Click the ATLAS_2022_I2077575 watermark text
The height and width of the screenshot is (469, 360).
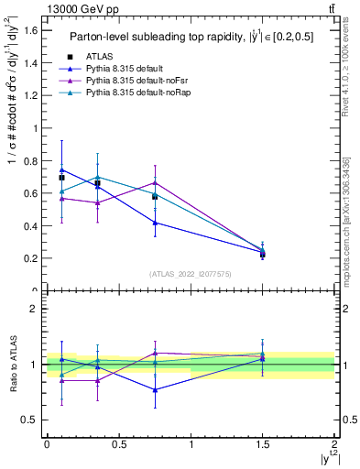190,274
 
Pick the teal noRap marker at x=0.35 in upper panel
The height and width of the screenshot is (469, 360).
97,177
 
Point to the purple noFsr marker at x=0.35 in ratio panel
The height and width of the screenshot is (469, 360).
97,380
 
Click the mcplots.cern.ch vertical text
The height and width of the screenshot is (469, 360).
346,220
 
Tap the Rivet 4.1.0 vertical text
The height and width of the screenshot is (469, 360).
346,73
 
